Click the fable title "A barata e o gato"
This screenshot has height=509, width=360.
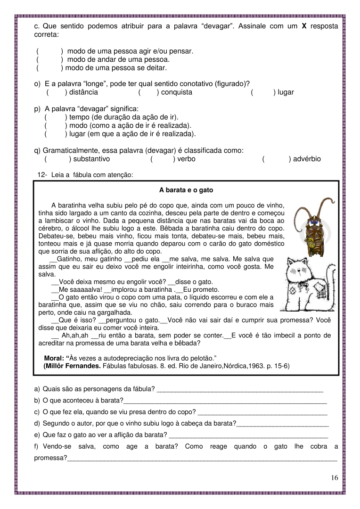tap(186, 190)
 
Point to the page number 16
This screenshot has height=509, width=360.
tap(334, 478)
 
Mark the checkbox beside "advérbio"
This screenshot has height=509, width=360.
tap(276, 159)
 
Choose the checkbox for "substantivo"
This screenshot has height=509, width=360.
tap(57, 159)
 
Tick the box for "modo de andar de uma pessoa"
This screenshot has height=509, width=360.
tap(49, 59)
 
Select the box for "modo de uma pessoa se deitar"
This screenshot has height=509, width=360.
tap(49, 68)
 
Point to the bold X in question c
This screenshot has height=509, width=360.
tap(304, 26)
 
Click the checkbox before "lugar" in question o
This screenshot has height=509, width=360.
tap(262, 92)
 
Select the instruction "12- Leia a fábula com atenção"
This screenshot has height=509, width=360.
tap(86, 175)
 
